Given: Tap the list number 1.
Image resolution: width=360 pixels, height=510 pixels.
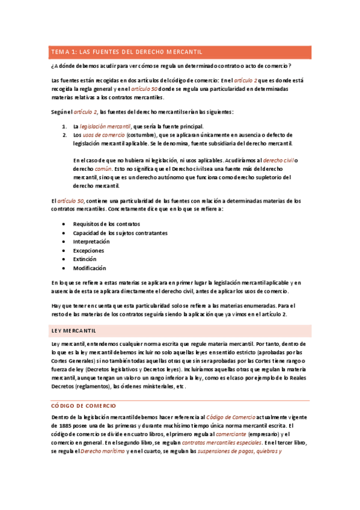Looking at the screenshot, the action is point(64,126).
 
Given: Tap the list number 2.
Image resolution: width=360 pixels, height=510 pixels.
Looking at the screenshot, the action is point(64,135).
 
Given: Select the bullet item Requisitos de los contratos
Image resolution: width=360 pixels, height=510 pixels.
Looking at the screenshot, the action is point(106,224).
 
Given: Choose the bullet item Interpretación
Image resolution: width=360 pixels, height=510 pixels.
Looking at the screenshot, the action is point(91,241).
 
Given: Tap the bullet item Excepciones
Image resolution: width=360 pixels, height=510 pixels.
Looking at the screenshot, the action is point(88,250).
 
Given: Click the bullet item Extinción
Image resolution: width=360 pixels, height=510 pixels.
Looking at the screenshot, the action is point(85,259).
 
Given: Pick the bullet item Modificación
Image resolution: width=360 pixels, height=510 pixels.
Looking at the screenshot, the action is point(90,268).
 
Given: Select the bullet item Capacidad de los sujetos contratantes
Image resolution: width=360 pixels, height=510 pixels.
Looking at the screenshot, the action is point(120,233).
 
